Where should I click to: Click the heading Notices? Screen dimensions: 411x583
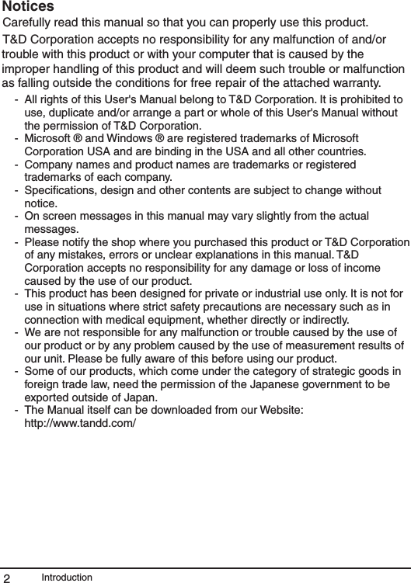33,7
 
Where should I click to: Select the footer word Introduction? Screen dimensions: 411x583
67,578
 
